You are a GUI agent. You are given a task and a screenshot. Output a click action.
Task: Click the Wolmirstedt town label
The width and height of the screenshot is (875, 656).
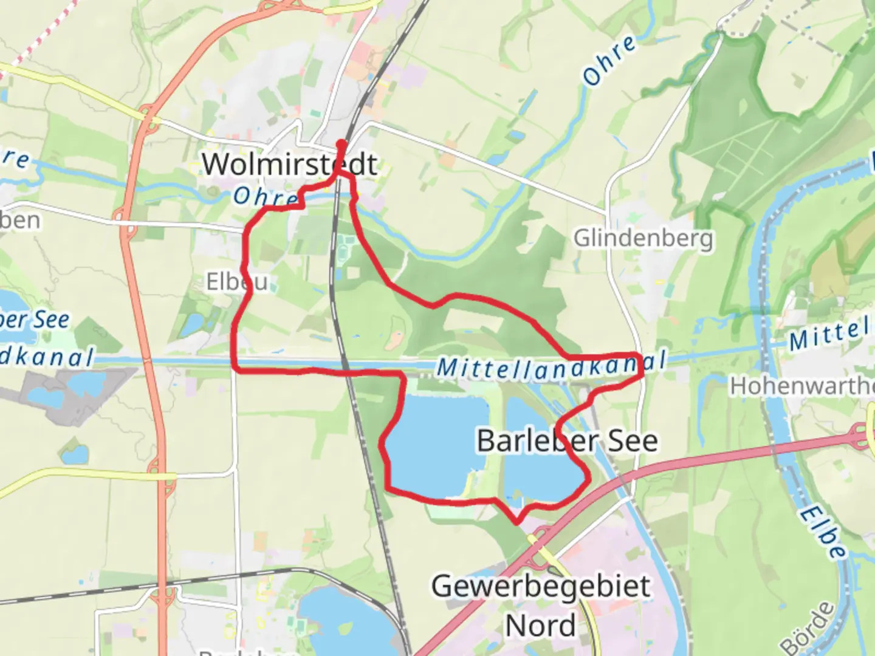pos(290,164)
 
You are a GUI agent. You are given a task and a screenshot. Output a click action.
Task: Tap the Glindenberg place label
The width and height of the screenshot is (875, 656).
pos(643,238)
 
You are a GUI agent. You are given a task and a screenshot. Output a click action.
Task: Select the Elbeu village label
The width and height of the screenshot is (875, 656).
pos(236,282)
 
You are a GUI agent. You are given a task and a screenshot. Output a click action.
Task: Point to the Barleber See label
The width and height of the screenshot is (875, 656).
pos(567,440)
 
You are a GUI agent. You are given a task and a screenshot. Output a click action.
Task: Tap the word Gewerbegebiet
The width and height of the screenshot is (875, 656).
pos(541,587)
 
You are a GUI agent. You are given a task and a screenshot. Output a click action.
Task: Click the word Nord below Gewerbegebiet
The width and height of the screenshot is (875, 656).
pos(541,626)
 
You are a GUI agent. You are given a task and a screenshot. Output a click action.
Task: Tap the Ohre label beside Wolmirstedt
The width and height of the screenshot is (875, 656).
pos(265,196)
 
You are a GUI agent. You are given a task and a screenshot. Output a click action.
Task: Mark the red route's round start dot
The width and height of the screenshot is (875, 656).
pos(341,144)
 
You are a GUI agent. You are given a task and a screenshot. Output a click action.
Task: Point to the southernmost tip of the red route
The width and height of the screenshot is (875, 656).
pos(516,521)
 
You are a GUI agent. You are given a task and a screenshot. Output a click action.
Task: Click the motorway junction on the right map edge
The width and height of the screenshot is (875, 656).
pos(866,432)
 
